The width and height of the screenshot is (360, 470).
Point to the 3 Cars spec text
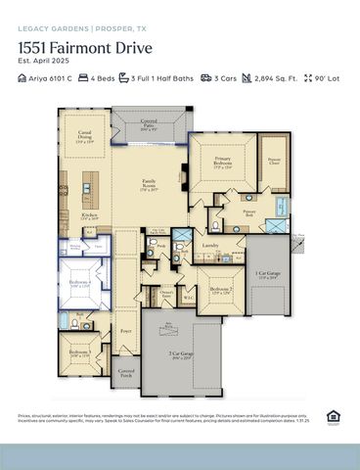coord(225,76)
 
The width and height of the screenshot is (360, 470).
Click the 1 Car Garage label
coord(267,275)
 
